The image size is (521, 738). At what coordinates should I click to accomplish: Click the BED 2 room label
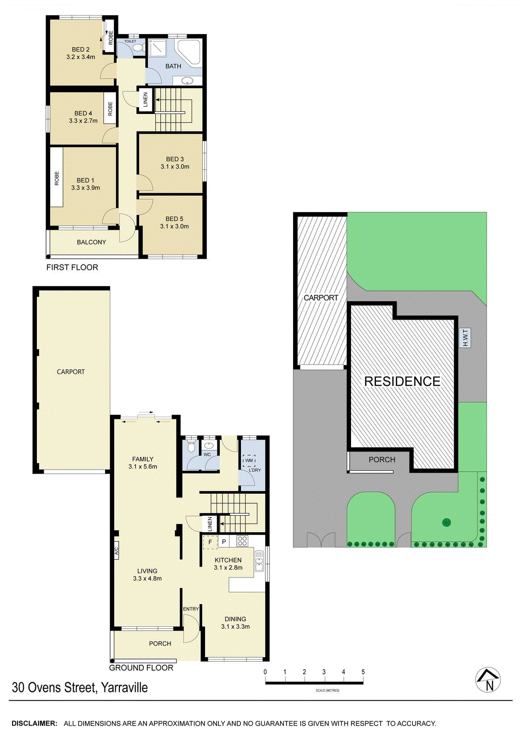[81, 49]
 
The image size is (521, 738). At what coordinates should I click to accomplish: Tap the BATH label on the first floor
[173, 66]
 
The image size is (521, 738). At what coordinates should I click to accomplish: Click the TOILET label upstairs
[130, 42]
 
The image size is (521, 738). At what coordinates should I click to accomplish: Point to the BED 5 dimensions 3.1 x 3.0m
[174, 226]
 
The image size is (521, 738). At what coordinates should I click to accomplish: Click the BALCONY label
[91, 242]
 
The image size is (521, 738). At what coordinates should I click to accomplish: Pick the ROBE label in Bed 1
[57, 179]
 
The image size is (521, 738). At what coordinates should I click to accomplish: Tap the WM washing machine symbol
[249, 461]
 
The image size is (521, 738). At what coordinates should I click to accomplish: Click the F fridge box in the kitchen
[210, 542]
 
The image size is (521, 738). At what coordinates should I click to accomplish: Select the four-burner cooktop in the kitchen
[242, 541]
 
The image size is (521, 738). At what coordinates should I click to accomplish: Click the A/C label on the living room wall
[116, 551]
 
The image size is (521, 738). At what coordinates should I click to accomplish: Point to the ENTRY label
[191, 609]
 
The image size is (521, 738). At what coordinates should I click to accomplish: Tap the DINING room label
[235, 619]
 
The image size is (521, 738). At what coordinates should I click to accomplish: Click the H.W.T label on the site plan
[465, 338]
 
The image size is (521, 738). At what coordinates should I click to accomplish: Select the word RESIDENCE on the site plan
[402, 381]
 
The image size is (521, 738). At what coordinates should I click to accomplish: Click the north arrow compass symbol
[488, 680]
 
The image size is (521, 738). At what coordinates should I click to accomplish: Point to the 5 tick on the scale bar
[363, 672]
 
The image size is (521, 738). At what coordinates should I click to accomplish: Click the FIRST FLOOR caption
[72, 268]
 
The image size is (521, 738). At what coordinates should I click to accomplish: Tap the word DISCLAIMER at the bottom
[35, 724]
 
